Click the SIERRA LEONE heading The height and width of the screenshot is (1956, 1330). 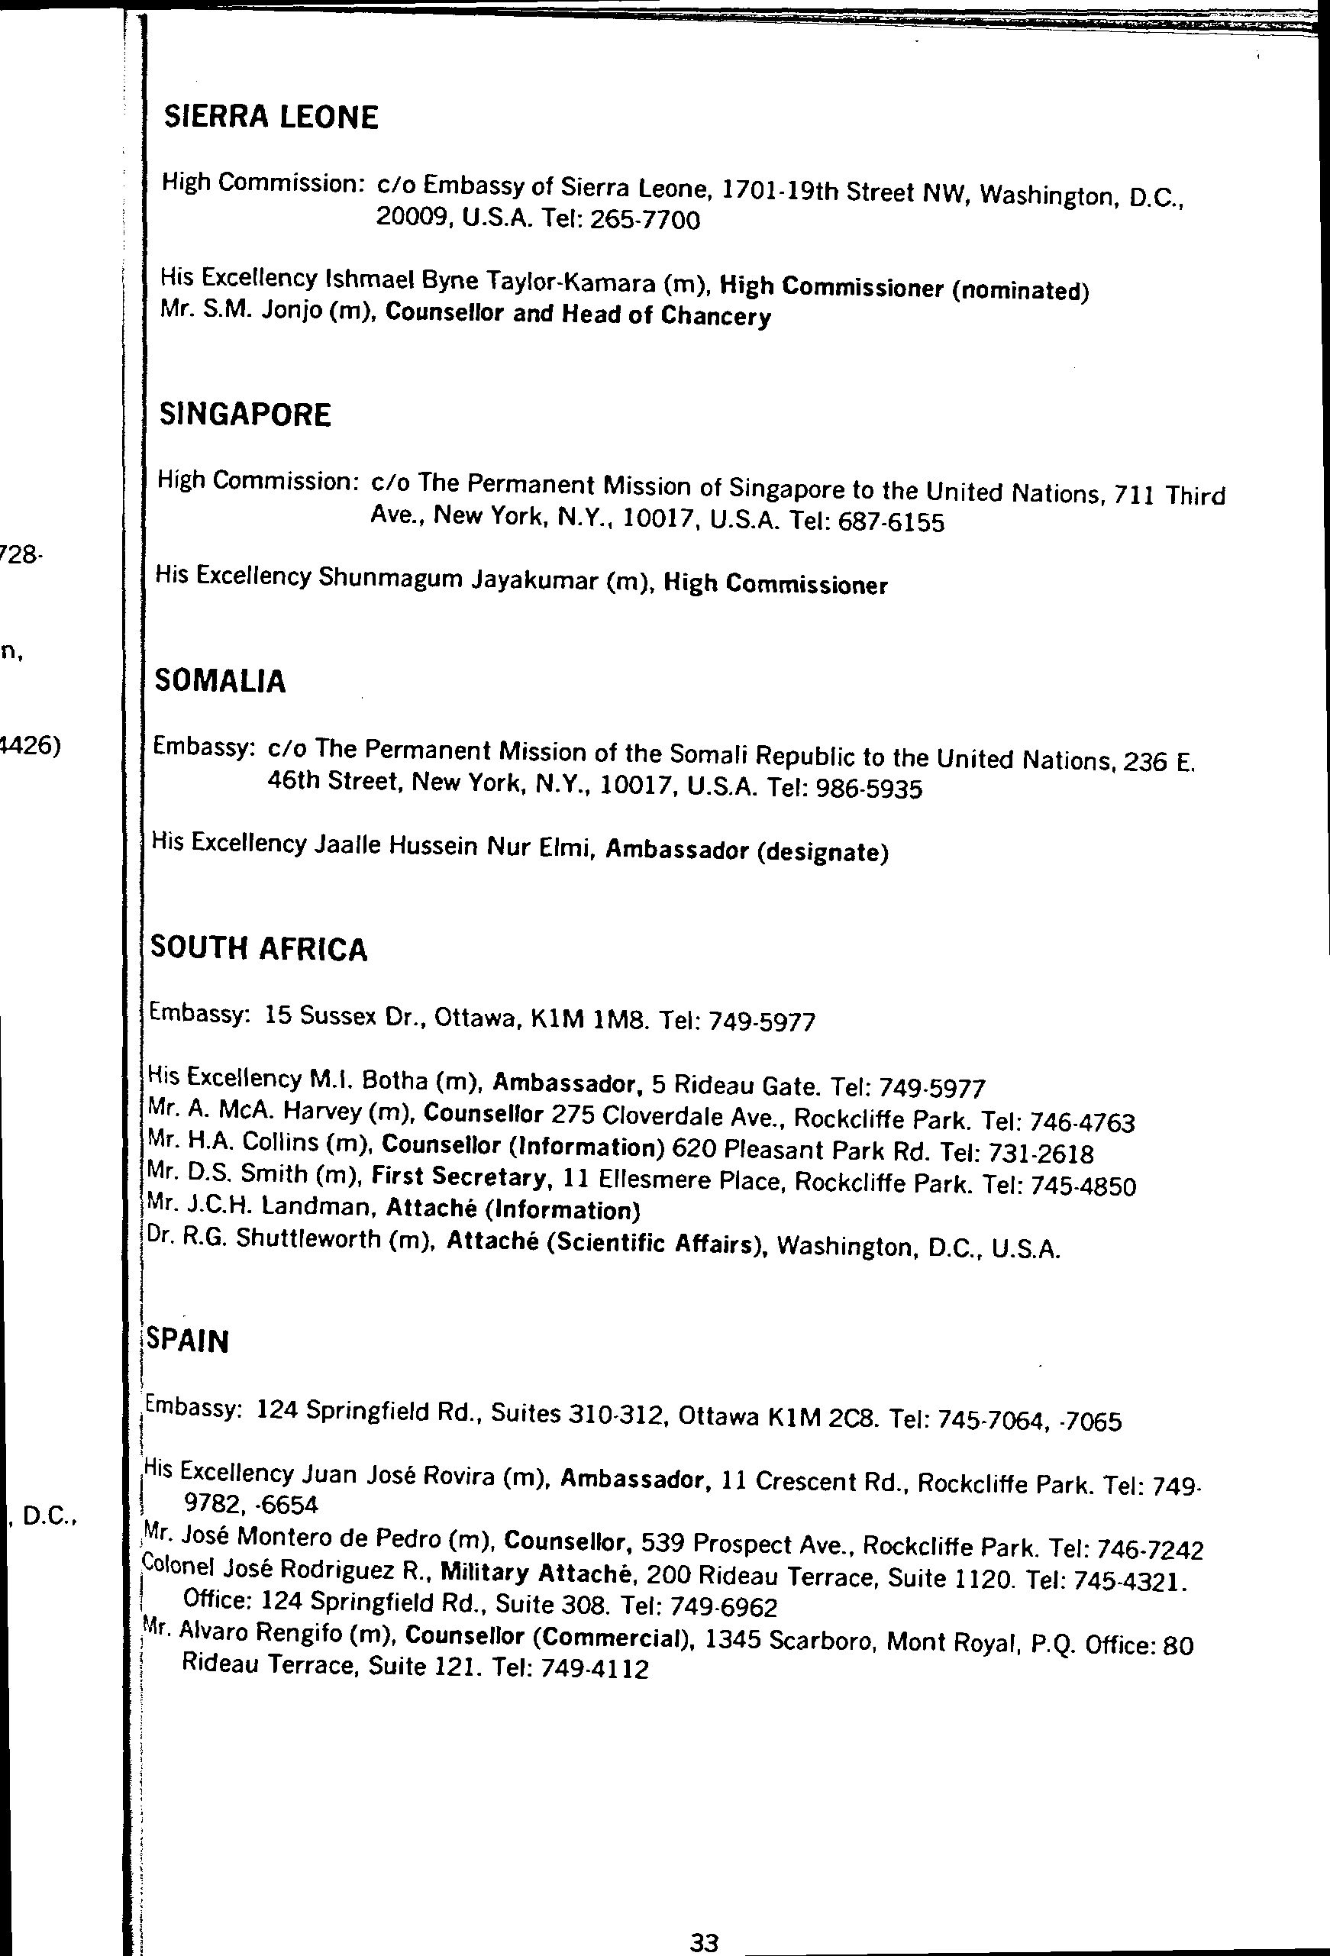pyautogui.click(x=271, y=117)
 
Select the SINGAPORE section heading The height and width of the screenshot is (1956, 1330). pyautogui.click(x=245, y=414)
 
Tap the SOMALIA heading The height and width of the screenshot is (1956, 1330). pyautogui.click(x=221, y=681)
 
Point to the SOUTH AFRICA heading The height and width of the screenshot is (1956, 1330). pyautogui.click(x=258, y=948)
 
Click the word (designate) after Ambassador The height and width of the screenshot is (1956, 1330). pyautogui.click(x=822, y=852)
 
